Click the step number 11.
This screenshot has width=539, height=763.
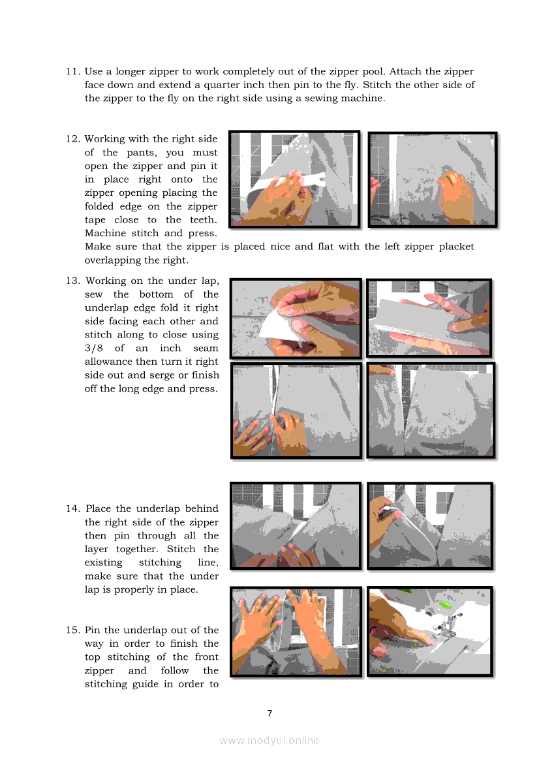(x=73, y=72)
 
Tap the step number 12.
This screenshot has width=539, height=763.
(x=73, y=138)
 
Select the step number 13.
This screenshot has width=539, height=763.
(x=73, y=281)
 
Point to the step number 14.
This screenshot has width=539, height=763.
(x=73, y=508)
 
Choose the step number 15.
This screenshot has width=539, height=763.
(x=73, y=630)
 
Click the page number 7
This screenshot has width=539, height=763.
(x=269, y=713)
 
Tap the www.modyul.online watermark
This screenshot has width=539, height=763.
(x=269, y=741)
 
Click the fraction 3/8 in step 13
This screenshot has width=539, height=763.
(x=94, y=349)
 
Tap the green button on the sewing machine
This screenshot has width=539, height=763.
(x=444, y=605)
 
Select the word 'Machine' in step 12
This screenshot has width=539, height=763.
(x=106, y=233)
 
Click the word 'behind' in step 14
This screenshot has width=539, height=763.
(x=202, y=508)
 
